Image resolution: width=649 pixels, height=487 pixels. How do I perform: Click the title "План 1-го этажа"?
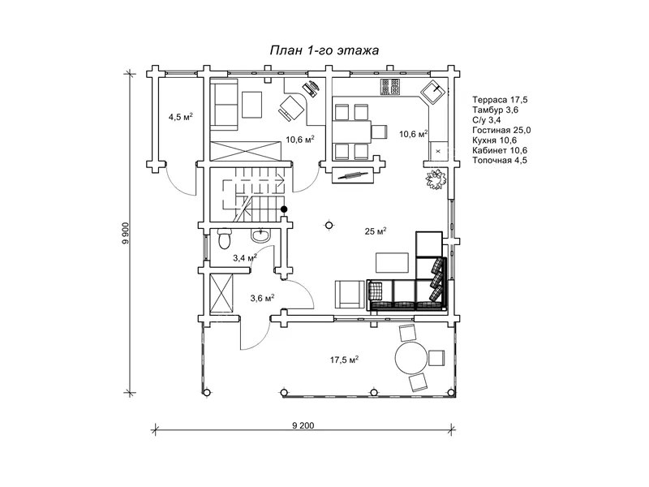click(x=324, y=50)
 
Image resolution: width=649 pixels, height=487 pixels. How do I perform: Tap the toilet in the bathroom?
click(x=224, y=238)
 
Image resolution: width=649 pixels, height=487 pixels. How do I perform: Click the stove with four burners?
click(x=390, y=87)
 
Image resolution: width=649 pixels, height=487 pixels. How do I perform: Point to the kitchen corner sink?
click(x=433, y=90)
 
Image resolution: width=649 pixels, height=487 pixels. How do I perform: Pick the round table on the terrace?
click(x=410, y=358)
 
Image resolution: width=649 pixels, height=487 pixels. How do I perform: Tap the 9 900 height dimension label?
click(x=126, y=234)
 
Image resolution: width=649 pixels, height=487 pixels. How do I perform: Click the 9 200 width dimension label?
click(x=303, y=425)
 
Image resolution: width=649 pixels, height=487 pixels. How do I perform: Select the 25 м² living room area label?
click(x=376, y=231)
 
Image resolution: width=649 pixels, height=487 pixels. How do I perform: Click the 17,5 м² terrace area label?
click(x=344, y=360)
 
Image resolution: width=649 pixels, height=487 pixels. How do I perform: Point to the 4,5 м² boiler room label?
click(x=180, y=117)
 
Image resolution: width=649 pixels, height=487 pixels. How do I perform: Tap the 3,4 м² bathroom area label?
click(x=245, y=258)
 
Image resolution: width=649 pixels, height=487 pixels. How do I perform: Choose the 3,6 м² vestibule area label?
click(x=262, y=298)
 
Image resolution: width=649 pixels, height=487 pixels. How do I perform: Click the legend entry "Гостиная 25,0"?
click(x=501, y=130)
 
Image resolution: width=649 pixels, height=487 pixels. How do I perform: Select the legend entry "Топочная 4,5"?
click(x=500, y=160)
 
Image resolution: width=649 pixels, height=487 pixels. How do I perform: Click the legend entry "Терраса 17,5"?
click(x=500, y=100)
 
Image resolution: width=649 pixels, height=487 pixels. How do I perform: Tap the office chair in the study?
click(x=290, y=107)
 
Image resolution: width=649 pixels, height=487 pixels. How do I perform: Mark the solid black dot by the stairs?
click(x=284, y=209)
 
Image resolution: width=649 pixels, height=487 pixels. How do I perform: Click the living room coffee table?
click(x=392, y=262)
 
